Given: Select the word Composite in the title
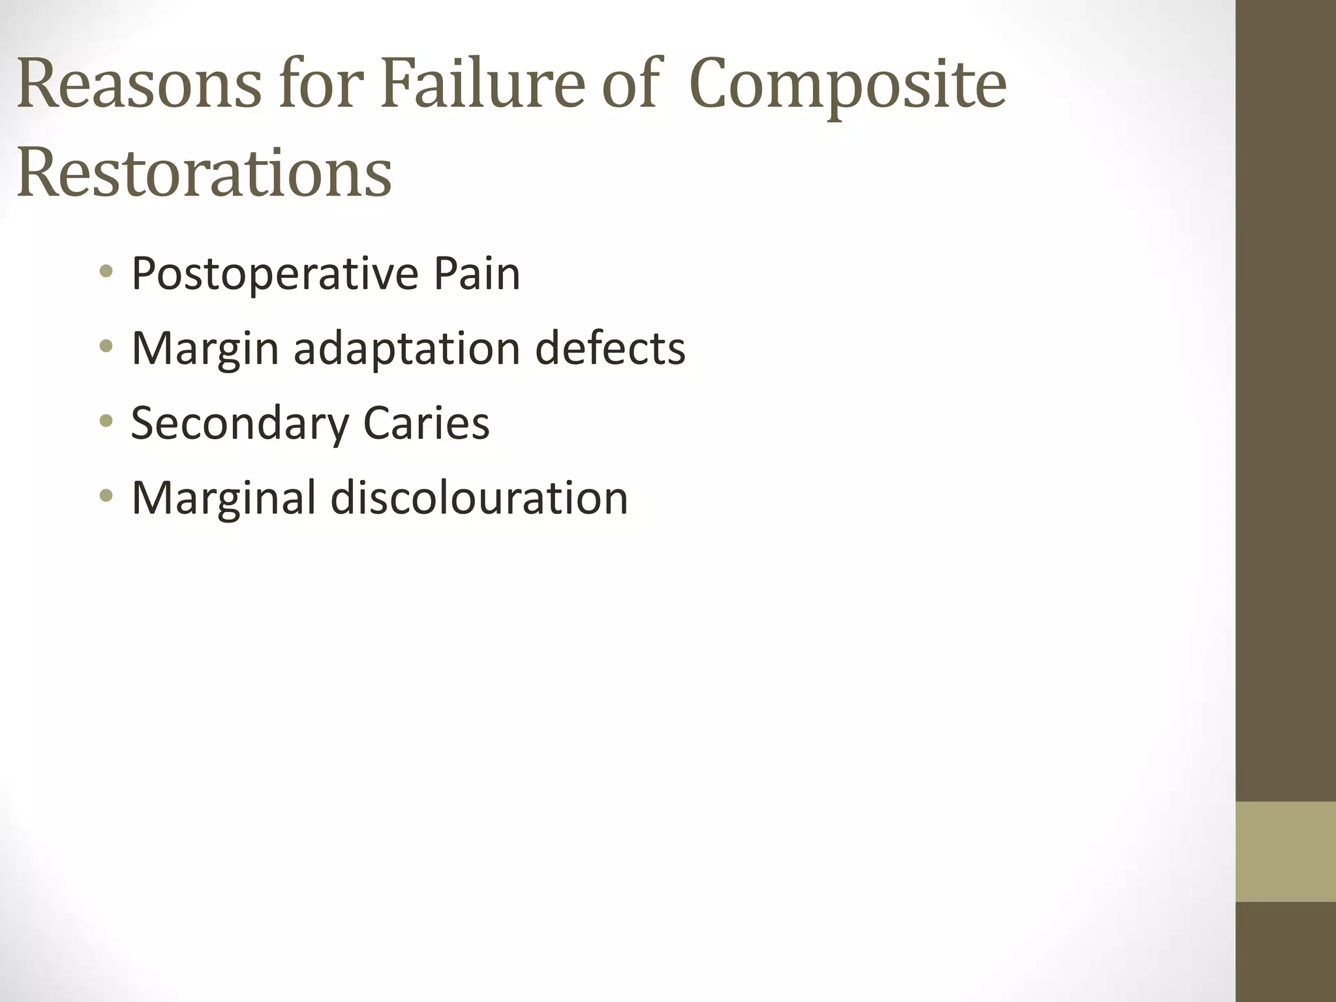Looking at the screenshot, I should pyautogui.click(x=847, y=85).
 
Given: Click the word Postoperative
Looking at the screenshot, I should pyautogui.click(x=275, y=274).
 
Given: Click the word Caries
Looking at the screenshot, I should pyautogui.click(x=426, y=423).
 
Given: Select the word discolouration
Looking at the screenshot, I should pyautogui.click(x=479, y=498).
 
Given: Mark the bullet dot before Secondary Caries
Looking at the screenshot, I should pyautogui.click(x=106, y=421).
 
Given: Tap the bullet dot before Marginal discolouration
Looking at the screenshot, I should pyautogui.click(x=106, y=496).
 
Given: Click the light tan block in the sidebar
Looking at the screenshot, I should pyautogui.click(x=1285, y=851).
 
